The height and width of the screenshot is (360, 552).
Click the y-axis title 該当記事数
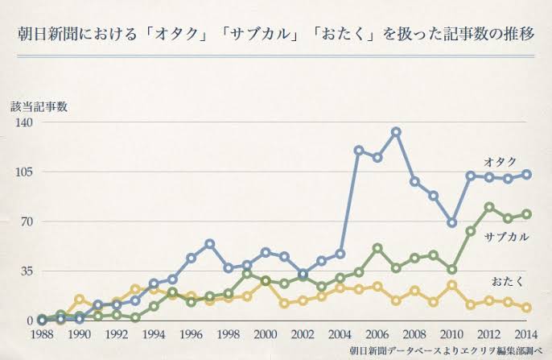pos(38,106)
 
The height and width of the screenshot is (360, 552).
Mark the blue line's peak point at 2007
pos(396,132)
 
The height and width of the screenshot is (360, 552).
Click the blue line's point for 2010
pos(452,222)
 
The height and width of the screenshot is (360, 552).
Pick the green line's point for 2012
pos(488,207)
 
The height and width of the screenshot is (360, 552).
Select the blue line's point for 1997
pos(209,243)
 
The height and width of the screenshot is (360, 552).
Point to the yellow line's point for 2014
pos(526,308)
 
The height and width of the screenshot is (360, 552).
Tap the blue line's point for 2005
pos(358,151)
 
